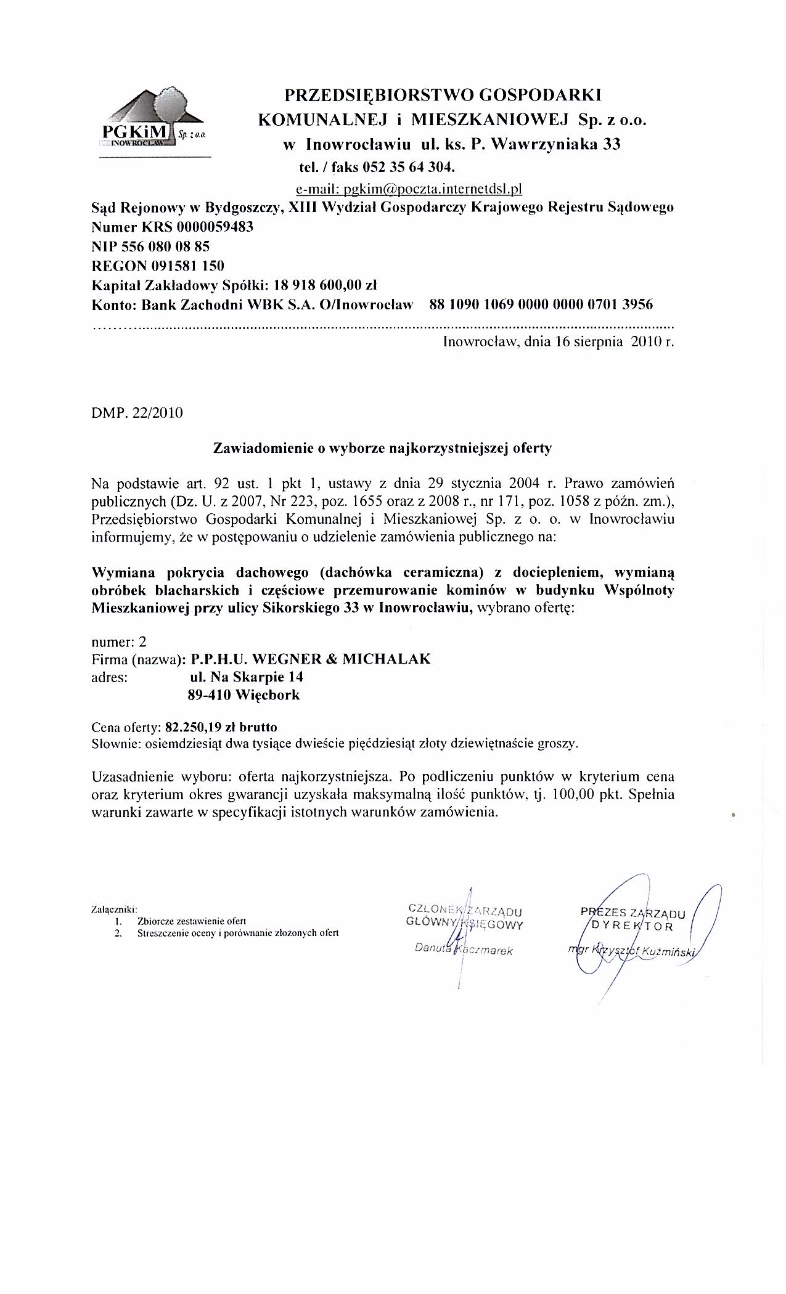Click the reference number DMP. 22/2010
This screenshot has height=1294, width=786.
coord(137,413)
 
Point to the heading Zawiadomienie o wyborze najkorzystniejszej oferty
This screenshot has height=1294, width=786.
coord(382,448)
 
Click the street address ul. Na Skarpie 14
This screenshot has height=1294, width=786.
coord(247,677)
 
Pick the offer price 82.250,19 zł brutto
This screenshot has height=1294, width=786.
coord(226,726)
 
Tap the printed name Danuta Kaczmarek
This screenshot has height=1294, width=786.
coord(464,950)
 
